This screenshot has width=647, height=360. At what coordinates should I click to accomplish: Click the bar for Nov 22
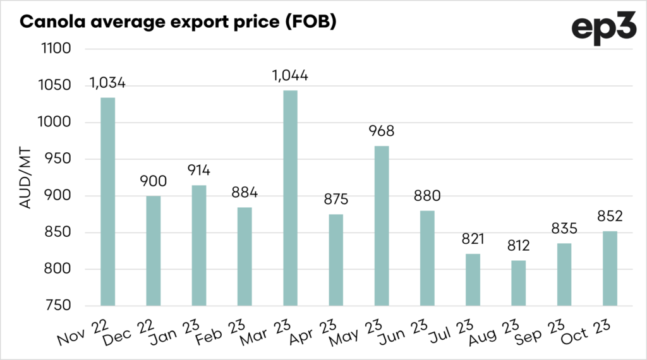pyautogui.click(x=107, y=202)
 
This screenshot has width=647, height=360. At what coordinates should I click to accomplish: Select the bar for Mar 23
pyautogui.click(x=290, y=198)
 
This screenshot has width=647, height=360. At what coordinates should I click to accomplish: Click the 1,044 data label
pyautogui.click(x=290, y=76)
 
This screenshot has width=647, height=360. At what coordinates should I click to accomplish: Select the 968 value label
pyautogui.click(x=381, y=132)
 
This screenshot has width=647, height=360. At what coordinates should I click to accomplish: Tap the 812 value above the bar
pyautogui.click(x=518, y=246)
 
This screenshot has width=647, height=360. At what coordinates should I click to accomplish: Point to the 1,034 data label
pyautogui.click(x=107, y=83)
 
